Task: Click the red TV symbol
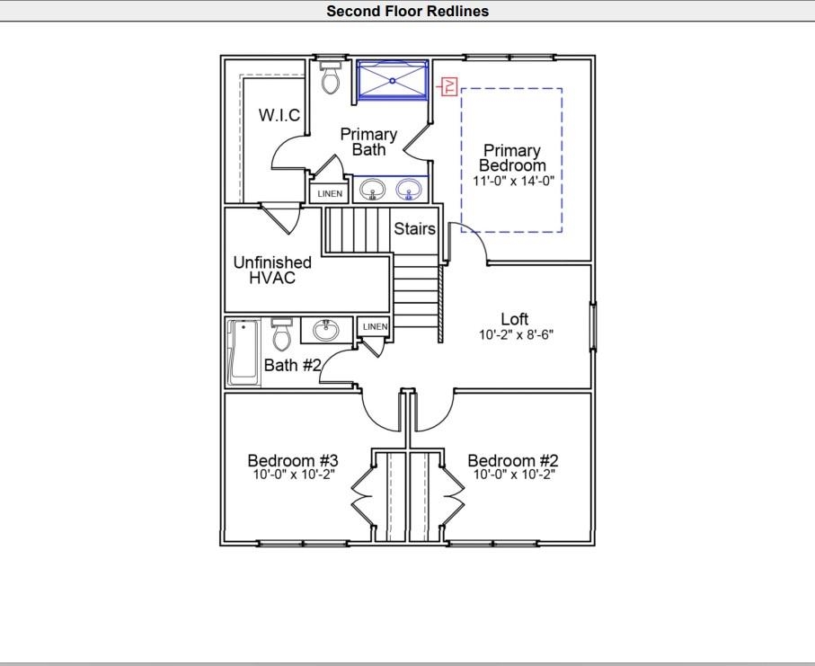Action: coord(448,86)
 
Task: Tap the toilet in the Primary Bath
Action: coord(331,77)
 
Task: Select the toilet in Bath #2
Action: coord(282,334)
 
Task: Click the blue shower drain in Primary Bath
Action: coord(393,81)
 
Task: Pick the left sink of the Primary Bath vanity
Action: coord(373,190)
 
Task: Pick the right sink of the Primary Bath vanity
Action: coord(410,190)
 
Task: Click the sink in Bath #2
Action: coord(326,330)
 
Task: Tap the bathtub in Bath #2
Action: coord(244,353)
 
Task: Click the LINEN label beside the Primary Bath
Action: coord(330,194)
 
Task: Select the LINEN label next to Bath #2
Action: coord(376,326)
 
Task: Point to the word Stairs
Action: coord(414,228)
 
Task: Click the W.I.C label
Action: coord(279,115)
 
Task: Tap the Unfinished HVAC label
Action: coord(272,270)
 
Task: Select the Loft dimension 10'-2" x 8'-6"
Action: coord(516,334)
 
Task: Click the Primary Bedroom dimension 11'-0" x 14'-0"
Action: coord(514,181)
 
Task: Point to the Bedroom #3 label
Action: coord(293,461)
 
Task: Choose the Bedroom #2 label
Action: coord(513,461)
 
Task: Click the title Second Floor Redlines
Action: coord(408,11)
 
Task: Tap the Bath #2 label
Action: coord(293,365)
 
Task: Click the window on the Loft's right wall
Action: coord(592,327)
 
